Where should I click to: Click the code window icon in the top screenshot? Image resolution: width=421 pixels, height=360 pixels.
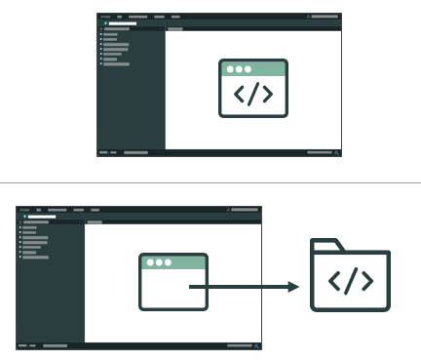click(252, 88)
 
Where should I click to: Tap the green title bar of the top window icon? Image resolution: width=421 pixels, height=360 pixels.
click(252, 68)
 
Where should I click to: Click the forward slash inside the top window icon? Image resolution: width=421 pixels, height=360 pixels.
click(252, 95)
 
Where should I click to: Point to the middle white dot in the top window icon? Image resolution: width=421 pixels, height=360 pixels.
click(239, 68)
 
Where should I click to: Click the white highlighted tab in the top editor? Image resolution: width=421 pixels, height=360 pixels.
click(122, 23)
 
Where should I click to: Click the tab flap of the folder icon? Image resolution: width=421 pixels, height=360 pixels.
click(325, 245)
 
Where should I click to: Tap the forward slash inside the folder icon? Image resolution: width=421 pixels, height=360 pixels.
click(350, 283)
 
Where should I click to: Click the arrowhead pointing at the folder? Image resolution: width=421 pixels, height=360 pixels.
click(293, 287)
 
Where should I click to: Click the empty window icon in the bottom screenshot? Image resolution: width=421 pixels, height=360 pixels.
click(172, 281)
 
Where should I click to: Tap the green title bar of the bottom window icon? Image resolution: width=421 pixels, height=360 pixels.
click(172, 262)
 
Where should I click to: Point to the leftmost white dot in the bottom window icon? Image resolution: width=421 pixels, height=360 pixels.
click(149, 262)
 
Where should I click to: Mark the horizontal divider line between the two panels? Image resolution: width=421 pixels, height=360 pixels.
click(210, 182)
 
